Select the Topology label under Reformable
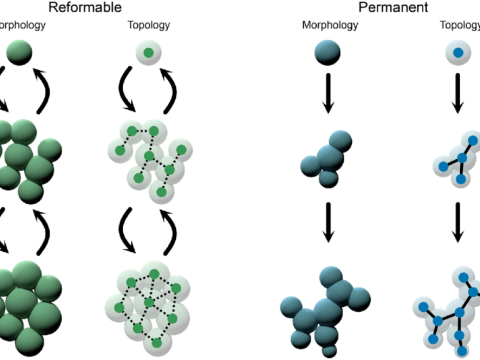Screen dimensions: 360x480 click(149, 24)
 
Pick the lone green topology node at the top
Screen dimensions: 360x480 click(148, 53)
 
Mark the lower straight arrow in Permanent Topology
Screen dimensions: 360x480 click(458, 222)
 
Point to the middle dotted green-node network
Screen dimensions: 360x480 click(147, 160)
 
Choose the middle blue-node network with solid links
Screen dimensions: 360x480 click(455, 160)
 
